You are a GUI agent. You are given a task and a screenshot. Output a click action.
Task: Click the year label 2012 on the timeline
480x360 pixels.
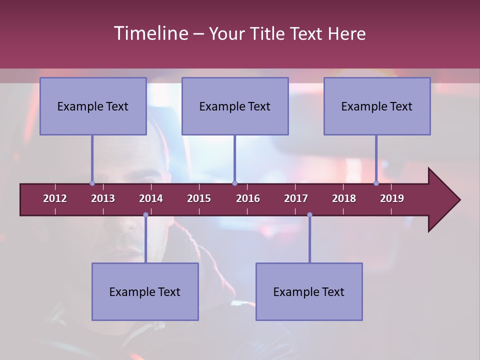pos(55,198)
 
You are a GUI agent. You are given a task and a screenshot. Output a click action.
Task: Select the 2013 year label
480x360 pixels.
pos(103,198)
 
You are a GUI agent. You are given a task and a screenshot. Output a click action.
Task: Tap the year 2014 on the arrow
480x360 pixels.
pos(151,198)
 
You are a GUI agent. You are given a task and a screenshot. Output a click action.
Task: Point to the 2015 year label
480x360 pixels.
pos(199,198)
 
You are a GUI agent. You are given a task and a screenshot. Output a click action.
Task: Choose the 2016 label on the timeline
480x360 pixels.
pos(248,198)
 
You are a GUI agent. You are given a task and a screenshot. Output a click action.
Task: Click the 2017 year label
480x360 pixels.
pos(296,198)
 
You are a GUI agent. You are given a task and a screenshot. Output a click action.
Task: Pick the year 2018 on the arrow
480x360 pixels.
pos(344,198)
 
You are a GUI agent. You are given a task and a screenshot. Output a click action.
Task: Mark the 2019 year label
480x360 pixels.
pos(392,198)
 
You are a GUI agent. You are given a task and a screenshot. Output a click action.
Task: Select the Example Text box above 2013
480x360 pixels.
pos(93,106)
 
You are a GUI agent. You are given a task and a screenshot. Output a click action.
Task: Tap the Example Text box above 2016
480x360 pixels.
pos(235,106)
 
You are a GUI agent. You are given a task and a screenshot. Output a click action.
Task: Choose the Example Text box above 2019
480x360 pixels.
pos(377,106)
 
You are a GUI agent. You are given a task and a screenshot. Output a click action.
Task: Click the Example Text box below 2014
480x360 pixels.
pos(145,291)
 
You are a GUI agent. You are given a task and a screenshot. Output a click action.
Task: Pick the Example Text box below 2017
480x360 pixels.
pos(309,291)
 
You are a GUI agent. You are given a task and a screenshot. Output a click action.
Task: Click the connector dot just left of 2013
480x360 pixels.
pos(92,183)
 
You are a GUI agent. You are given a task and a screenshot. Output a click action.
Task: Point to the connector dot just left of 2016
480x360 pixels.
pos(234,183)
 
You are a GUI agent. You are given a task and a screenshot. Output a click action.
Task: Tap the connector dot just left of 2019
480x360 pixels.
pos(376,183)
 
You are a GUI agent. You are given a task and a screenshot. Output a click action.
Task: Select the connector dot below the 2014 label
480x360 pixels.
pos(145,215)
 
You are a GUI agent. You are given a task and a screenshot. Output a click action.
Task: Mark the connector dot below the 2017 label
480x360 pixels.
pos(309,215)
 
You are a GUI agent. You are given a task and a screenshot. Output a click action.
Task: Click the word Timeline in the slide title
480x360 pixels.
pos(150,33)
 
